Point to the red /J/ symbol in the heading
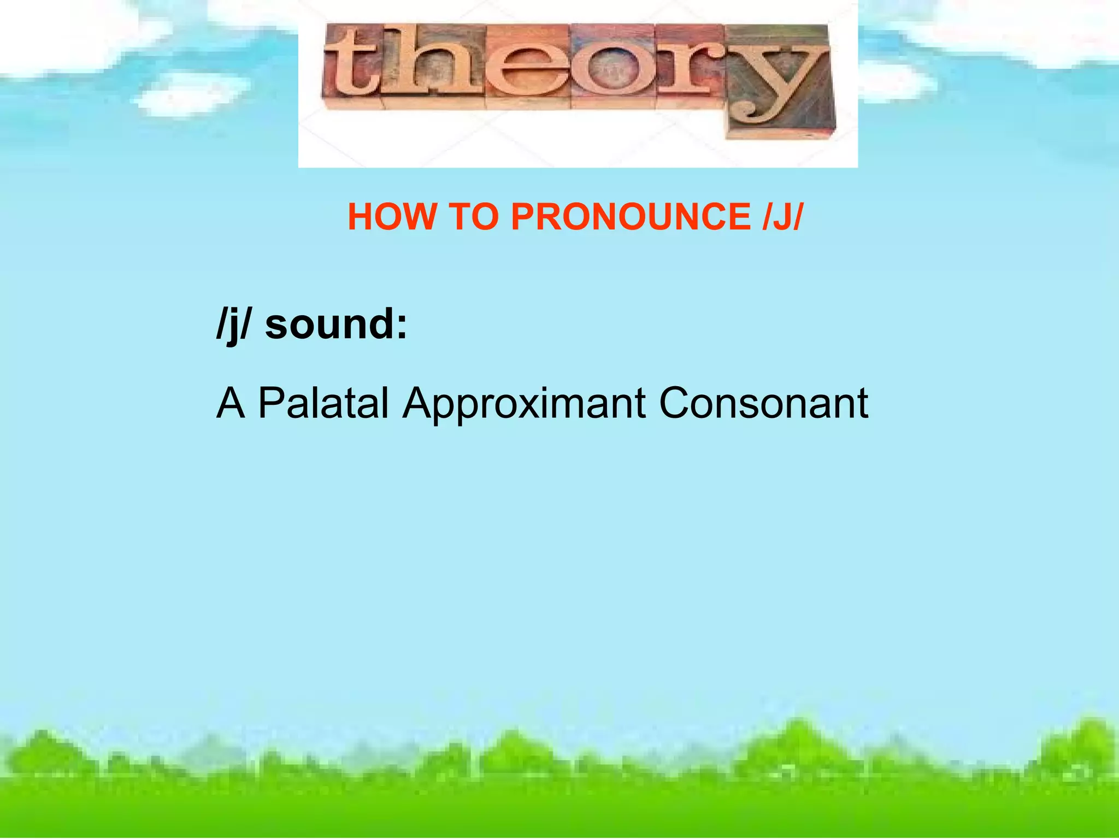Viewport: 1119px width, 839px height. click(x=782, y=217)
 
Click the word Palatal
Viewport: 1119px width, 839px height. click(x=323, y=404)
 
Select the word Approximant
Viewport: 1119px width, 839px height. click(x=524, y=405)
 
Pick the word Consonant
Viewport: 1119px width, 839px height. click(x=763, y=404)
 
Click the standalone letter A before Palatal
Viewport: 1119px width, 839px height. click(x=230, y=404)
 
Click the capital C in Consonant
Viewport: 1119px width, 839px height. click(x=676, y=404)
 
